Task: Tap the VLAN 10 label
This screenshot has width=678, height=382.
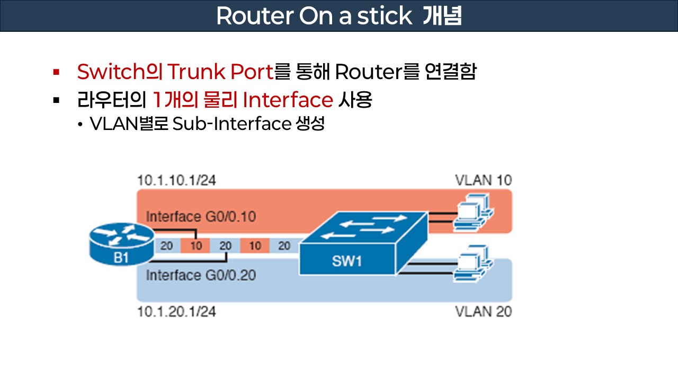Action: pyautogui.click(x=483, y=180)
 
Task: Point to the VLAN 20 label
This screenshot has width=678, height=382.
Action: pyautogui.click(x=483, y=311)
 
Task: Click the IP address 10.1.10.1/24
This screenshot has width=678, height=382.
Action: pyautogui.click(x=176, y=180)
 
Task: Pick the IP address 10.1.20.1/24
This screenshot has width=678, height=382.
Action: pyautogui.click(x=176, y=311)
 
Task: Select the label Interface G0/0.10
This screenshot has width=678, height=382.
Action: pyautogui.click(x=201, y=216)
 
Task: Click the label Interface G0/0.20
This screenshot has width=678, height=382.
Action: pyautogui.click(x=201, y=275)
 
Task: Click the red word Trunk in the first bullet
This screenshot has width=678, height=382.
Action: pyautogui.click(x=202, y=72)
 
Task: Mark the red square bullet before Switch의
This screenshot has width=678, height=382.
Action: pyautogui.click(x=56, y=72)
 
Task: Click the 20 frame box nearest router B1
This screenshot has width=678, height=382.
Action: pyautogui.click(x=166, y=246)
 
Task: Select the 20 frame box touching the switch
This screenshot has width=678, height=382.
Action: pyautogui.click(x=284, y=246)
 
